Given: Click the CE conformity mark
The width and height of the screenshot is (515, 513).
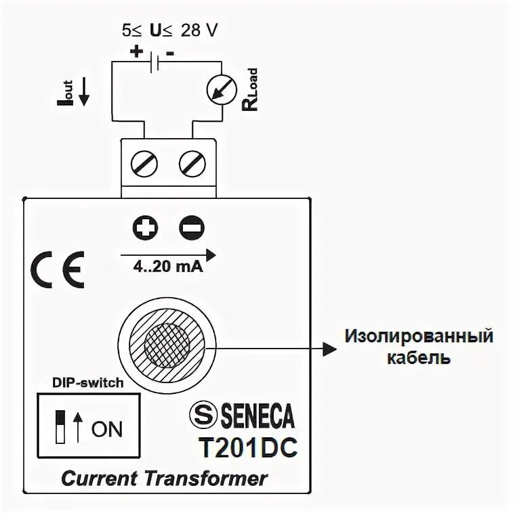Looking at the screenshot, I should click(58, 269).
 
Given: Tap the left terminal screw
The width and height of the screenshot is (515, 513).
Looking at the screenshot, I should click(145, 163).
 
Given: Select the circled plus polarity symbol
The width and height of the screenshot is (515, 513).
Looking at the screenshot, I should click(144, 228).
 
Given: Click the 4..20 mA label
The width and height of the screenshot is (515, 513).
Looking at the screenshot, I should click(165, 266).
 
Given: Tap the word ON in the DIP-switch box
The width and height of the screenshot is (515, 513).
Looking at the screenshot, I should click(107, 429).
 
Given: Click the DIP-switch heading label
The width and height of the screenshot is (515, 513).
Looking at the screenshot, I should click(87, 382).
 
